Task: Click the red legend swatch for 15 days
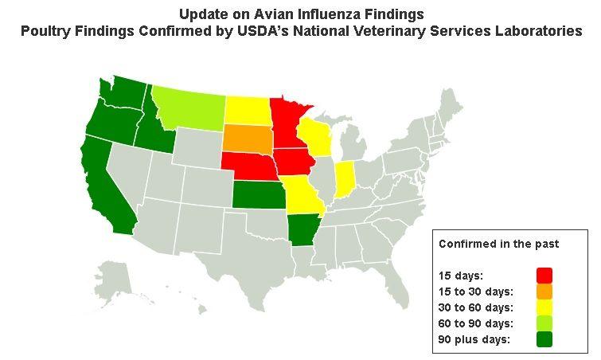point(544,275)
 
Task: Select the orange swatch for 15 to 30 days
point(544,292)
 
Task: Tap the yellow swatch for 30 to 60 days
point(544,307)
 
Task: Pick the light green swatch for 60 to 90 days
point(544,323)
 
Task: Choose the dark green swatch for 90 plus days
point(544,340)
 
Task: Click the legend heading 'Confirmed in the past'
point(498,243)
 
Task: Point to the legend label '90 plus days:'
point(474,340)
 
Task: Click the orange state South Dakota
point(247,137)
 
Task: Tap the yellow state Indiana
point(345,180)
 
